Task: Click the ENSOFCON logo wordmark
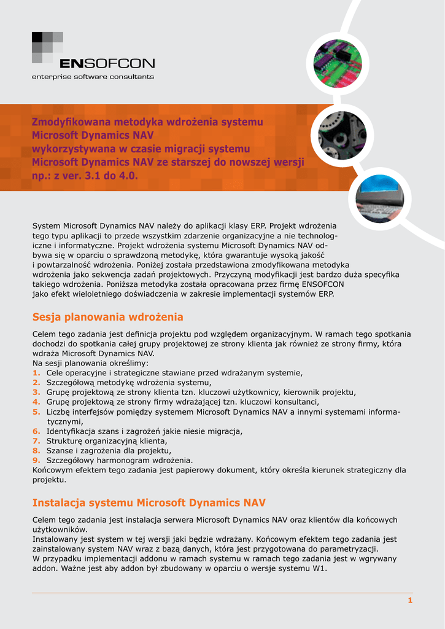point(107,63)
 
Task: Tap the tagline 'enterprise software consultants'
point(93,77)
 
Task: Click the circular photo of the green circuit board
point(337,63)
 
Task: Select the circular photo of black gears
point(342,135)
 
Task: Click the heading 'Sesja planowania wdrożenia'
point(107,317)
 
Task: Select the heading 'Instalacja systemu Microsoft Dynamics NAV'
point(149,503)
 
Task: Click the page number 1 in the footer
point(410,600)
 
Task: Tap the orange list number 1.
point(36,373)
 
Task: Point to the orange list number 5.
point(36,412)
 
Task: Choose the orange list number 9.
point(36,461)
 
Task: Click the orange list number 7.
point(36,441)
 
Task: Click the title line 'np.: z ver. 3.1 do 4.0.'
point(85,176)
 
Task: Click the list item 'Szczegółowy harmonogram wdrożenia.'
point(120,461)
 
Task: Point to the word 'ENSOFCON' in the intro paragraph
point(322,284)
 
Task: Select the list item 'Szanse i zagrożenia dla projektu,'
point(109,451)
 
